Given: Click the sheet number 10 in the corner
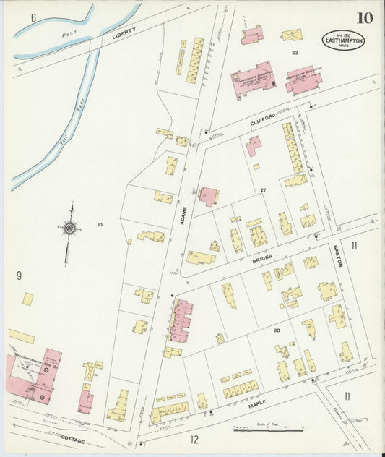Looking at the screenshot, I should [364, 17].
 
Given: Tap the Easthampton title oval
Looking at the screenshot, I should [343, 40].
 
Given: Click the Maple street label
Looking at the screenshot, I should [257, 401].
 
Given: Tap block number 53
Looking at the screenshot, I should [294, 53].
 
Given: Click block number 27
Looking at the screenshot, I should [264, 190].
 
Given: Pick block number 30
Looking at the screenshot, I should [276, 330].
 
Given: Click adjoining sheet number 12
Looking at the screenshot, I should [194, 439].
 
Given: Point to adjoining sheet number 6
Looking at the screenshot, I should [33, 17].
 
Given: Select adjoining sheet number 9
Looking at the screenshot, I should [19, 275].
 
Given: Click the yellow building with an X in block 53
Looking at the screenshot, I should [292, 35].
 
